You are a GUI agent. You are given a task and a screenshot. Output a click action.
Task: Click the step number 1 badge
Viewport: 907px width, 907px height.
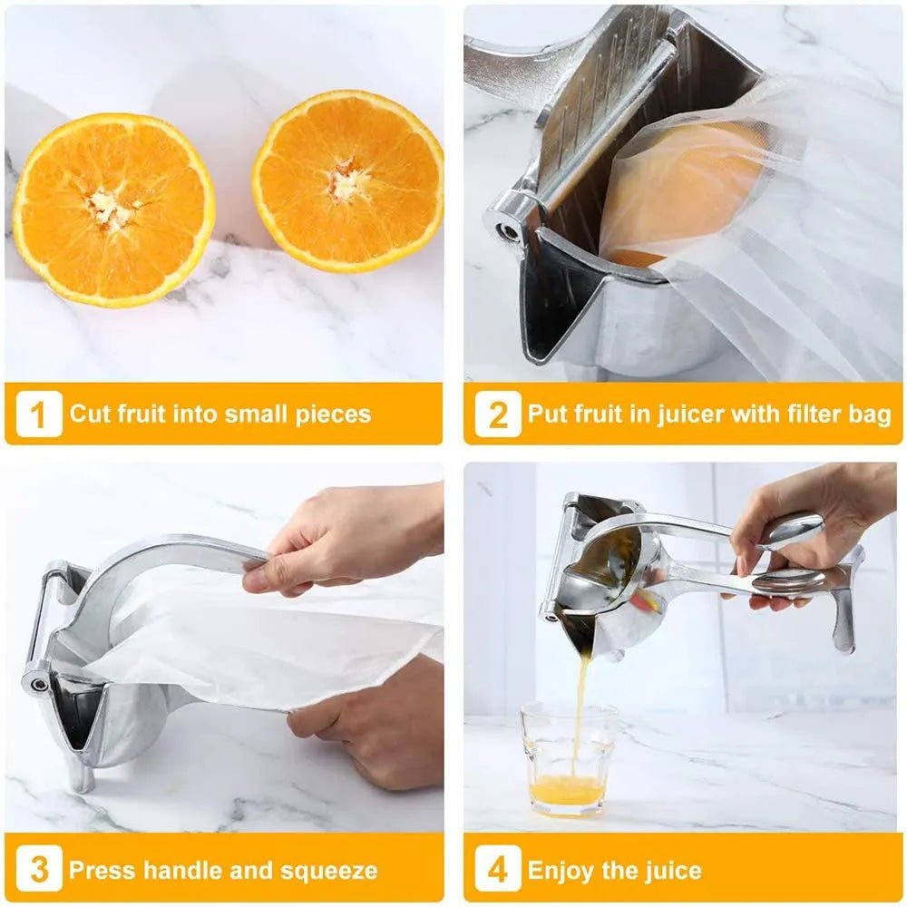[38, 414]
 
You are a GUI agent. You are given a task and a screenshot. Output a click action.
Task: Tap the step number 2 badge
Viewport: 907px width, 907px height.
[498, 414]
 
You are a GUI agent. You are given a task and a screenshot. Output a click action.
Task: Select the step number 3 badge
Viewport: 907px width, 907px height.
[38, 871]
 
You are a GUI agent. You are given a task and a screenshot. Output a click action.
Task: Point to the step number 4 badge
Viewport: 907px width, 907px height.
[498, 871]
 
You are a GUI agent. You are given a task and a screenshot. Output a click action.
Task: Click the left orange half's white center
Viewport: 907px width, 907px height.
[112, 210]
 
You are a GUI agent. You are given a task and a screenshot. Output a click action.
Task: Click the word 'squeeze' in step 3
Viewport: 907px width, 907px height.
[328, 871]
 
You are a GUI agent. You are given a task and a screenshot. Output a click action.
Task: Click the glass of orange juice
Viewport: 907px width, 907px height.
[569, 760]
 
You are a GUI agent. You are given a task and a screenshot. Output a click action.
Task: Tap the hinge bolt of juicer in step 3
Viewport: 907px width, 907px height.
[36, 679]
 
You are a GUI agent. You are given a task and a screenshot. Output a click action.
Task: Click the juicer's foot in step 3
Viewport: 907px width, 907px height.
[82, 780]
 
